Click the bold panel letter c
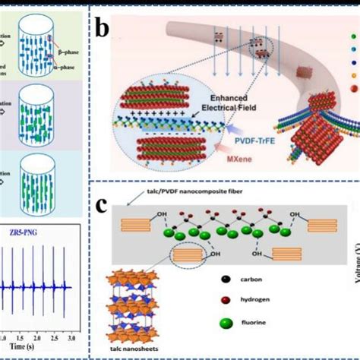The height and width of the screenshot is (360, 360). pos(103,205)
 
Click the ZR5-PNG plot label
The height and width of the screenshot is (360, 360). pos(36,231)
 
